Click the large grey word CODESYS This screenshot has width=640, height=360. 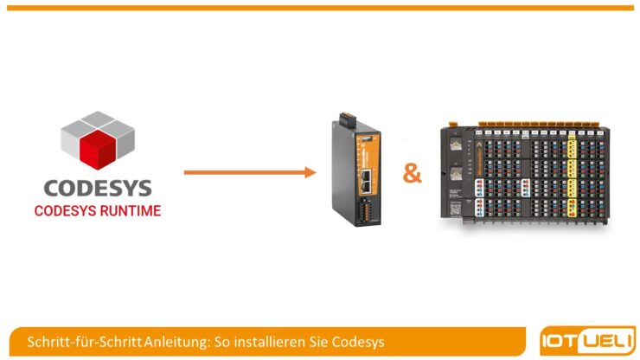pos(97,188)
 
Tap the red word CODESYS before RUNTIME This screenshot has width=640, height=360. pos(63,210)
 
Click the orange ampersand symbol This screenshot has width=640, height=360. pos(413,174)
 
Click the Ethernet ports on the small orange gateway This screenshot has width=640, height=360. pos(366,180)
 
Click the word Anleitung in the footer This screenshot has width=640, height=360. pos(176,340)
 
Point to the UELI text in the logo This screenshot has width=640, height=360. pos(605,340)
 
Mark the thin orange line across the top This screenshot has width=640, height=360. pos(320,8)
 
